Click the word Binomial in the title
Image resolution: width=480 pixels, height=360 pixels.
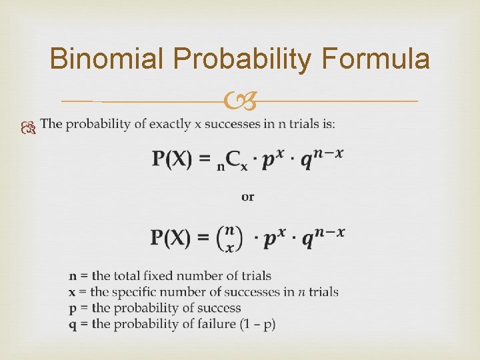click(x=107, y=60)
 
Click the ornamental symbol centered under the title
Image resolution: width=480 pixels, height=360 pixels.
click(x=240, y=102)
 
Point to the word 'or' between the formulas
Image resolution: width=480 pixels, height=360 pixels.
click(x=247, y=197)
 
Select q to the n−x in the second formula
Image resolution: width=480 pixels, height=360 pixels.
click(x=324, y=236)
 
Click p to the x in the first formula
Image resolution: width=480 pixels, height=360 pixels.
click(x=273, y=158)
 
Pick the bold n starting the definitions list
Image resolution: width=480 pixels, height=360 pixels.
click(x=72, y=276)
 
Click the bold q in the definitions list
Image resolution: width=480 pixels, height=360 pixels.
click(x=72, y=325)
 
